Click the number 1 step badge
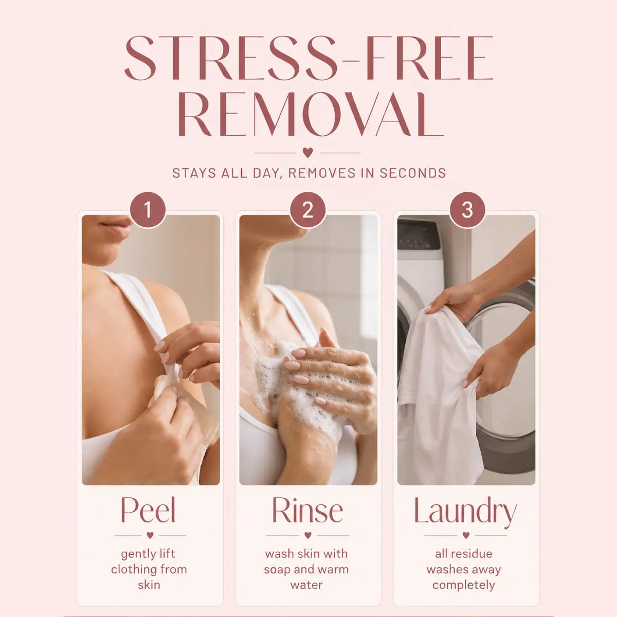click(148, 210)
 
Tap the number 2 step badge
click(307, 210)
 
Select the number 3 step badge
click(467, 210)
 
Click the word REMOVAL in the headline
click(310, 114)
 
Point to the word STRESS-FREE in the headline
click(308, 58)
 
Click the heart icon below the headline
click(307, 152)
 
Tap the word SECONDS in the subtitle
click(413, 173)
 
